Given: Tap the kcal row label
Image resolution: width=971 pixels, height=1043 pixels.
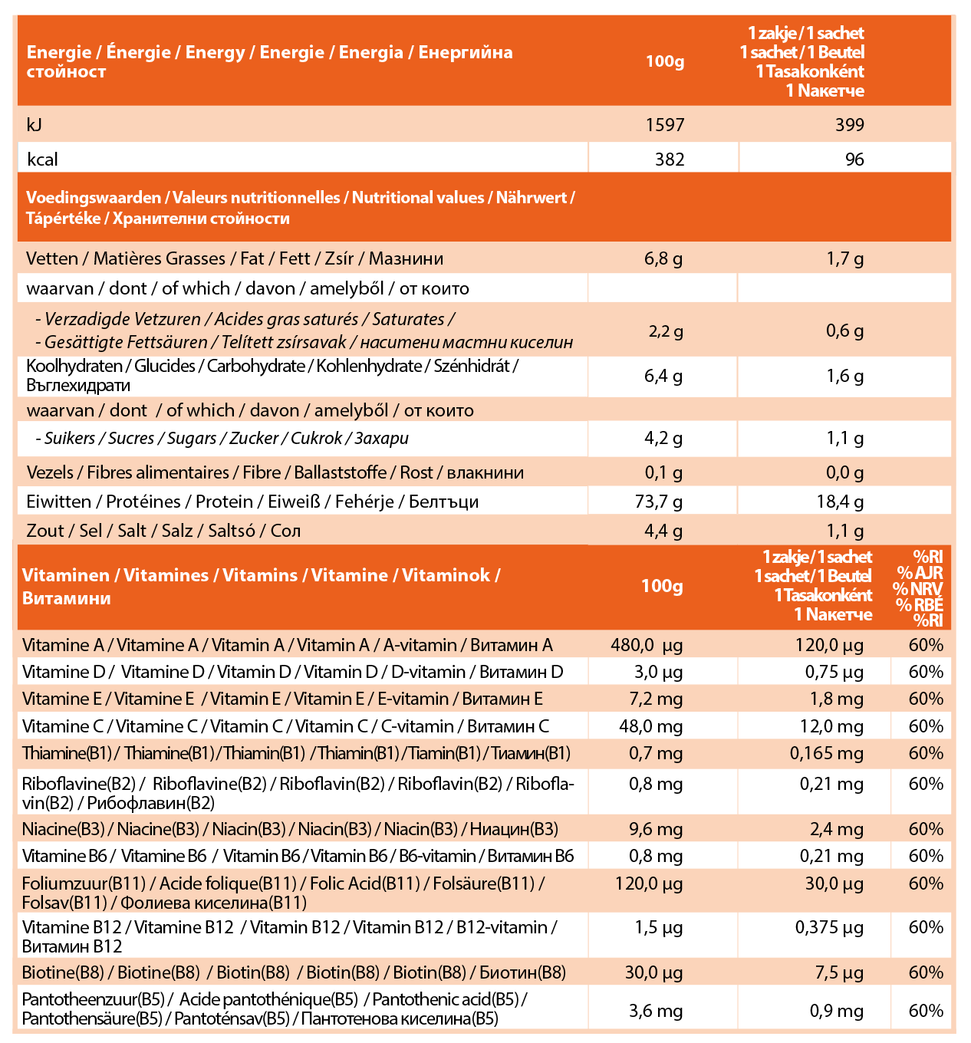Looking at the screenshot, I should [42, 160].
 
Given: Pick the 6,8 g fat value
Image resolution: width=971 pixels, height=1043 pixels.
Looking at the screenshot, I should [663, 259].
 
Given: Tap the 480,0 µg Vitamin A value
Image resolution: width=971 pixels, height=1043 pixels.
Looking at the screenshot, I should [646, 646].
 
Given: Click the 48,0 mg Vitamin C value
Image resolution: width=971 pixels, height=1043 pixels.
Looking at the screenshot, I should [650, 727].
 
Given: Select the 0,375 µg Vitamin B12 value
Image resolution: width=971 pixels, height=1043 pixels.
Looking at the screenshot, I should [829, 928].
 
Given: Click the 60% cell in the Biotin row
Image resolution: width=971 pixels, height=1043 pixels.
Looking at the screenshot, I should [926, 973].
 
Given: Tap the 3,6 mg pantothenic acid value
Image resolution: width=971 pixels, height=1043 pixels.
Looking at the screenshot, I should [655, 1012].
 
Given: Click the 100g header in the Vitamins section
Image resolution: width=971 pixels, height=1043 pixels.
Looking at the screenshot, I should [661, 587].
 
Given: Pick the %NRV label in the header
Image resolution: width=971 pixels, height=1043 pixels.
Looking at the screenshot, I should [917, 589].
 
